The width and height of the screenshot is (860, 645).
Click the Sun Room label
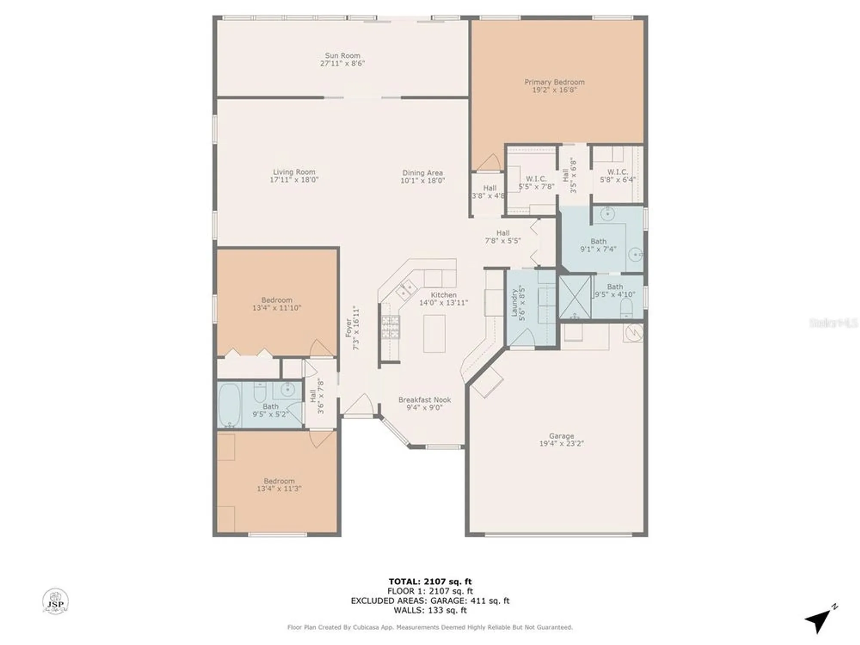[342, 55]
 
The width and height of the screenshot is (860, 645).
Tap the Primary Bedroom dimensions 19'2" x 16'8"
[554, 90]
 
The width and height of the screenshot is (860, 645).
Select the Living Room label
[294, 172]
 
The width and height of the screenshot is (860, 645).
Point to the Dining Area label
[422, 173]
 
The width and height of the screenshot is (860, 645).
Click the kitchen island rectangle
[434, 333]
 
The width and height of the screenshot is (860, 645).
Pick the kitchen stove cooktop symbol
[390, 327]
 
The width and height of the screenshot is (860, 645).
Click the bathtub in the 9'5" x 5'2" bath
[229, 405]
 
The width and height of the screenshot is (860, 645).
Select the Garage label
[561, 436]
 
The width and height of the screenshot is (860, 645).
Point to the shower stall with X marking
[575, 297]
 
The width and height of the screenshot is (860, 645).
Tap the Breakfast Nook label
[424, 400]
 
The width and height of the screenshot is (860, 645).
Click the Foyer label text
[349, 328]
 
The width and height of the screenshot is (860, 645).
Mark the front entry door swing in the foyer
[360, 404]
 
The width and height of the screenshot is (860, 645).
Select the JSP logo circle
[55, 601]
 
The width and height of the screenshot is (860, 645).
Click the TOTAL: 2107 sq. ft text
[430, 582]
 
